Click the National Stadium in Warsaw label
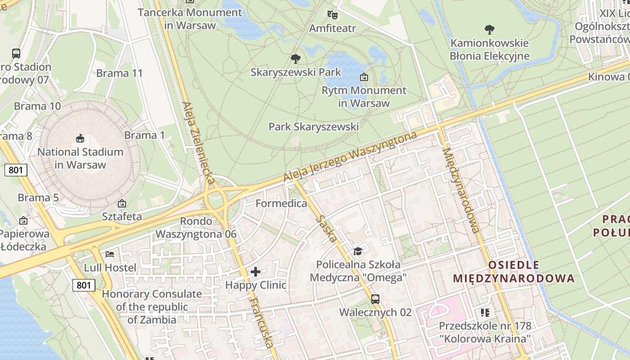tap(80, 158)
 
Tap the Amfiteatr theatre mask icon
tap(333, 15)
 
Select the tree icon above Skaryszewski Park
tap(296, 58)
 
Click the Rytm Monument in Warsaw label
tap(364, 96)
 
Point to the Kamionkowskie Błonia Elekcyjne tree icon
tap(490, 30)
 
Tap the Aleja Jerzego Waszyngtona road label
tap(351, 156)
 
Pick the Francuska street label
tap(261, 322)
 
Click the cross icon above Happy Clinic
tap(256, 272)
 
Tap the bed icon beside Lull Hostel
tap(110, 254)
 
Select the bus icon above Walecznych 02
tap(375, 299)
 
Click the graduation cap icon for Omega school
tap(358, 251)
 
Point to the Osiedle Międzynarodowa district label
tap(513, 271)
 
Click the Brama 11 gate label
tap(119, 73)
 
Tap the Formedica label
tap(281, 203)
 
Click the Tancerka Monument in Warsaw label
tap(190, 18)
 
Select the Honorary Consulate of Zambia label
tap(152, 307)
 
